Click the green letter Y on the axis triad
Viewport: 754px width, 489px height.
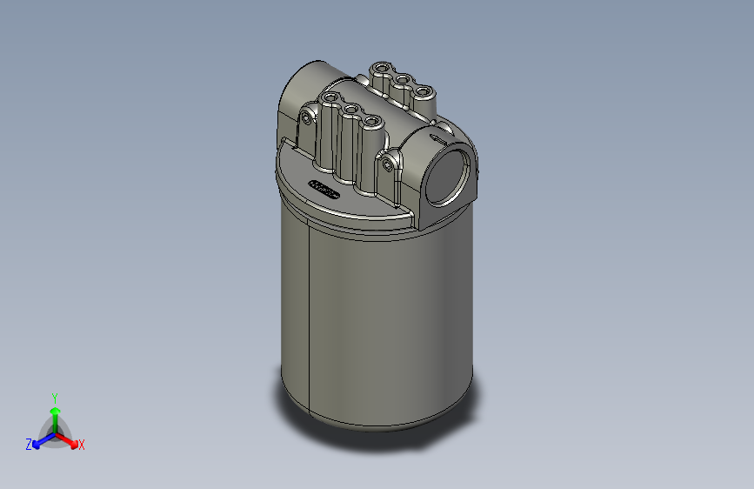(x=54, y=396)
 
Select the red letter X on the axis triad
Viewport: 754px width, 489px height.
(x=82, y=445)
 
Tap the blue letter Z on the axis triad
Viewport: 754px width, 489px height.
(x=29, y=445)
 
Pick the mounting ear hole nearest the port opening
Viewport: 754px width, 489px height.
(x=387, y=162)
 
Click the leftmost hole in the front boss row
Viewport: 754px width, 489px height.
(x=330, y=97)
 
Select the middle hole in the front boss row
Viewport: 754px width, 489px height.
(x=351, y=109)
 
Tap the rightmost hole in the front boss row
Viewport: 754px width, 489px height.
(x=372, y=121)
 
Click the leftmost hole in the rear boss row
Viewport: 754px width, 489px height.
(x=381, y=67)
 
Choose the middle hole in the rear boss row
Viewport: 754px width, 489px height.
(x=402, y=79)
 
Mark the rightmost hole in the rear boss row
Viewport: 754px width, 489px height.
(x=423, y=91)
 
